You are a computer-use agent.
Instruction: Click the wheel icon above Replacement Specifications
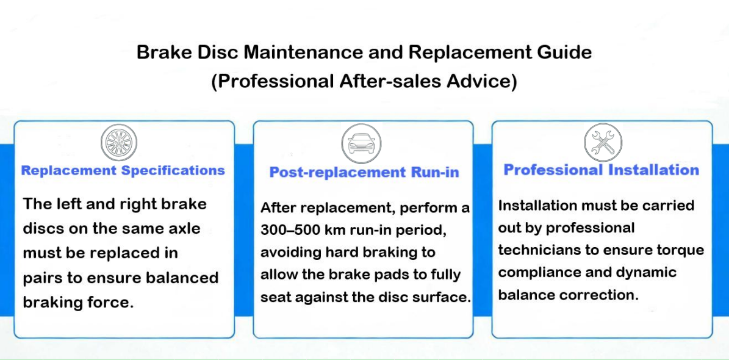[x=119, y=142]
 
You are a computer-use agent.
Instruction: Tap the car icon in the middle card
[x=361, y=143]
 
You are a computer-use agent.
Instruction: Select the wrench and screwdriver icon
[x=603, y=142]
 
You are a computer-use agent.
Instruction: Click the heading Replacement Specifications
[x=123, y=171]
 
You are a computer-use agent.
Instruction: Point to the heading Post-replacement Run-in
[x=364, y=173]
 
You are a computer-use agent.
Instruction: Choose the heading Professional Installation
[x=602, y=170]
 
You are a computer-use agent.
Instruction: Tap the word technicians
[x=532, y=250]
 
